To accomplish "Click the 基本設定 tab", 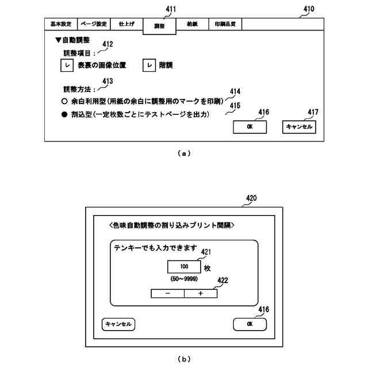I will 60,25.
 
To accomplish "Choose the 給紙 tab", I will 191,25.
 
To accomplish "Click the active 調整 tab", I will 159,26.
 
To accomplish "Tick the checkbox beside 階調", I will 149,66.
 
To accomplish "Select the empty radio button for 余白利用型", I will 65,101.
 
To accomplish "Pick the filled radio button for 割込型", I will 65,115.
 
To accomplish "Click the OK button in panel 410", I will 250,127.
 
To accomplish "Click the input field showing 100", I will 184,267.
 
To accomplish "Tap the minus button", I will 167,293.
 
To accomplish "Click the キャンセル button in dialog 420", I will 119,324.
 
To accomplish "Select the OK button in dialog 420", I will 250,324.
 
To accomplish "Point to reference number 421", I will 206,251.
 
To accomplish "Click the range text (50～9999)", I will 184,279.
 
